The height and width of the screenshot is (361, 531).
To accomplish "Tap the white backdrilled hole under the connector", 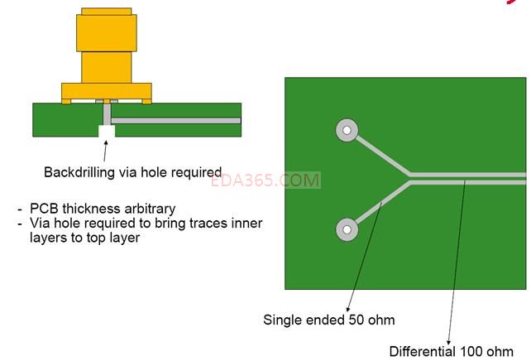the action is point(107,131).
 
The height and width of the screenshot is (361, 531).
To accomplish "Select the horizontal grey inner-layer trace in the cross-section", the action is point(175,121).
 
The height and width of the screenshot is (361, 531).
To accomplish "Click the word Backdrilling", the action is point(79,172).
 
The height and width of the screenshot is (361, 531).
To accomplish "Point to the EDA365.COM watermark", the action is point(265,180).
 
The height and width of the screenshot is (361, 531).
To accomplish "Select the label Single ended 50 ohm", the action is point(329,320).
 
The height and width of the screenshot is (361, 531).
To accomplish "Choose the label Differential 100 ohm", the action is point(451,351).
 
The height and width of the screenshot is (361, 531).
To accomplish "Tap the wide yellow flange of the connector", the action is point(107,92).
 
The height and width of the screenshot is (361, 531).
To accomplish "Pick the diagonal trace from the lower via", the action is point(383,203).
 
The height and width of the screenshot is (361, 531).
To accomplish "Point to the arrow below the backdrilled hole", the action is point(105,152).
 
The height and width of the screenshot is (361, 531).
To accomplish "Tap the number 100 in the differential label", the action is point(471,351).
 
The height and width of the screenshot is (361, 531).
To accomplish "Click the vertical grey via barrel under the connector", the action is point(107,114).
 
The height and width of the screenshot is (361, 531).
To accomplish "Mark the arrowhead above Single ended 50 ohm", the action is point(347,309).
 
